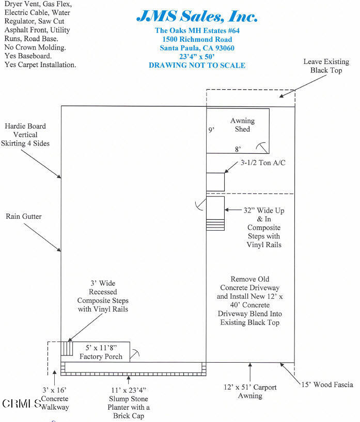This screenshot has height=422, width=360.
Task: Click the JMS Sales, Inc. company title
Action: pos(197,16)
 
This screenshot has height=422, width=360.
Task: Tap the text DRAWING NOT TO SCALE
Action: pos(197,66)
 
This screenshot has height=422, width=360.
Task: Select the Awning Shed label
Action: pos(242,125)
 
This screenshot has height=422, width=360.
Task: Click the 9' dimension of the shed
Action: pos(211,130)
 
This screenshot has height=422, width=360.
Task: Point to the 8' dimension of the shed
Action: pos(238,150)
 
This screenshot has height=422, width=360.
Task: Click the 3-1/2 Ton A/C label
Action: pos(263,163)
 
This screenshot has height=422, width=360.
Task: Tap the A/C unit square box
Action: pos(215,182)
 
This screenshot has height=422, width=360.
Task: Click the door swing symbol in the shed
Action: pos(262,148)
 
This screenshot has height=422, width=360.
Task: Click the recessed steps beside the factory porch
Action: pos(67,349)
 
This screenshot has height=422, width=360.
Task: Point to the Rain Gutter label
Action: pos(24,216)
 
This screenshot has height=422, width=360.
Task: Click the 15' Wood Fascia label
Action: pos(327,384)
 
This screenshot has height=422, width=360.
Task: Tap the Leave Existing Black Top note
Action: pos(326,66)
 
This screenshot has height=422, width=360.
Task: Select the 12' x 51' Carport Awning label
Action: pos(250,392)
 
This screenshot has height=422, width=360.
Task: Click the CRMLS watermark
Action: pos(22,403)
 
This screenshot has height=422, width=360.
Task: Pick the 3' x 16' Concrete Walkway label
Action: pos(55,399)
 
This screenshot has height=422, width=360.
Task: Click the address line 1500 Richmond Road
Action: pos(197,39)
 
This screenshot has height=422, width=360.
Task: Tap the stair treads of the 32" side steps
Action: pos(215,225)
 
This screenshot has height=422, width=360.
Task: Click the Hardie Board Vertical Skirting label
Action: pos(25,135)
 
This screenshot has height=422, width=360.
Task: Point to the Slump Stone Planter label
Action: pos(129,403)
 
